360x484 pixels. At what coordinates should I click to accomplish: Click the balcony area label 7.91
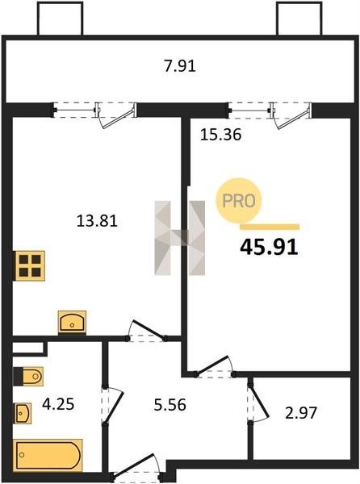click(x=180, y=66)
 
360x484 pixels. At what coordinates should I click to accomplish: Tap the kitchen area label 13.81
click(x=97, y=221)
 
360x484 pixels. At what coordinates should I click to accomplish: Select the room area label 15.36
click(x=220, y=135)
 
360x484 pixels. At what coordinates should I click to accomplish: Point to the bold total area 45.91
click(x=269, y=247)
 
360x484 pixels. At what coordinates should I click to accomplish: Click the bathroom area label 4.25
click(x=58, y=404)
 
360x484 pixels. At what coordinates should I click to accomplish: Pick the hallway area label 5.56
click(x=170, y=405)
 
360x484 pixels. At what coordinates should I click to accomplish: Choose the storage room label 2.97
click(x=301, y=413)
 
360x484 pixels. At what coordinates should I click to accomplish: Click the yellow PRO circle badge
click(x=238, y=201)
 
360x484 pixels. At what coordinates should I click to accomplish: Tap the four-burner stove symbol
click(x=29, y=265)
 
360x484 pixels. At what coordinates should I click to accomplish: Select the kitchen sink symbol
click(x=72, y=323)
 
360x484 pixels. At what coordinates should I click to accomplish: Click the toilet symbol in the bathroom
click(x=28, y=376)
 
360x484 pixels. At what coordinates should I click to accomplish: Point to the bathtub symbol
click(x=48, y=455)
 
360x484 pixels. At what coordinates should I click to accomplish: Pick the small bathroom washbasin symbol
click(x=23, y=413)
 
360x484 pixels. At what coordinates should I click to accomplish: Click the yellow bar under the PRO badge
click(x=270, y=227)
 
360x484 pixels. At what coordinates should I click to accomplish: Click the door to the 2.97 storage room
click(x=258, y=401)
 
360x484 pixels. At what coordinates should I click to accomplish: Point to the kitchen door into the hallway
click(x=146, y=332)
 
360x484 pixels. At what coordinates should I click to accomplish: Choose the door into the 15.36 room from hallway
click(x=214, y=367)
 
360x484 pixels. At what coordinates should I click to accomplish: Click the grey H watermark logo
click(x=180, y=238)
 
